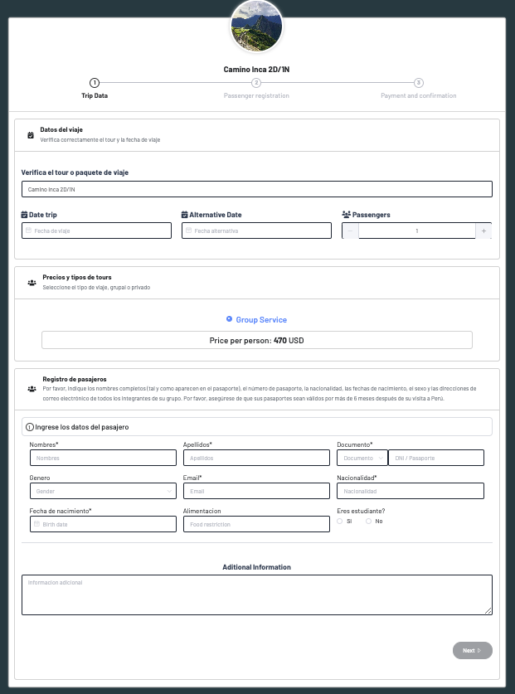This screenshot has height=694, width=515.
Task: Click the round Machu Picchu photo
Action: (x=256, y=25)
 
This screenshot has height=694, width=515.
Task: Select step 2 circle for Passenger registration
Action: (x=256, y=83)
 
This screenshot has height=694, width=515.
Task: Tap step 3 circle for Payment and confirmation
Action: (x=419, y=83)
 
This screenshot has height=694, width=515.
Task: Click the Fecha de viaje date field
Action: (x=96, y=231)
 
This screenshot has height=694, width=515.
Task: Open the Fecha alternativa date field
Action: (x=257, y=231)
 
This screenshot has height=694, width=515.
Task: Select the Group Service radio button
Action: (x=230, y=319)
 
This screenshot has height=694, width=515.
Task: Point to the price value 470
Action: (x=280, y=341)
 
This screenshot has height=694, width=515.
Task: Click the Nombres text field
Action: (x=102, y=458)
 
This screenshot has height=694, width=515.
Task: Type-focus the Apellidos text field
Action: (x=256, y=458)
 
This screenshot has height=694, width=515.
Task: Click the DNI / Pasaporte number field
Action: (x=435, y=458)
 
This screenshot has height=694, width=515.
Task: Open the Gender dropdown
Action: (x=102, y=491)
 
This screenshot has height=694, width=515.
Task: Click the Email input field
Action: (x=256, y=491)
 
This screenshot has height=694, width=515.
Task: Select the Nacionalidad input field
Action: (x=411, y=491)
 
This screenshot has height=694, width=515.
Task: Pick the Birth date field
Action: (x=102, y=524)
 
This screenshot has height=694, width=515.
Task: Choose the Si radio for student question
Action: (x=340, y=521)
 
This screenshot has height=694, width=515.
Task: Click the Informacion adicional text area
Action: (x=256, y=595)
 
